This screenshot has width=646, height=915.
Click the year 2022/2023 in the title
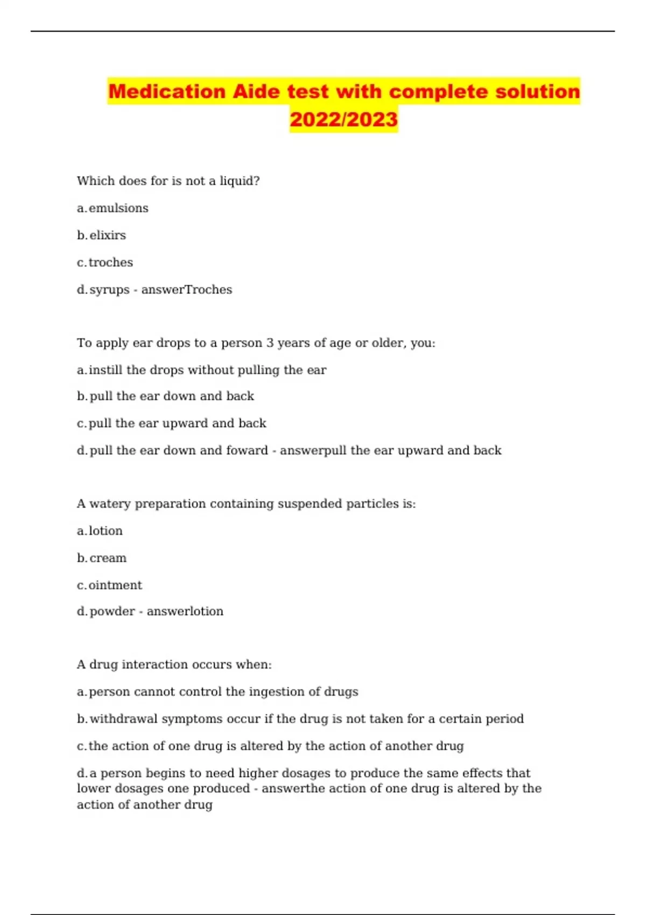pyautogui.click(x=343, y=119)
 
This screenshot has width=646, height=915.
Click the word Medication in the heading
pyautogui.click(x=167, y=91)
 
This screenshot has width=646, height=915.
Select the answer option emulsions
pyautogui.click(x=118, y=208)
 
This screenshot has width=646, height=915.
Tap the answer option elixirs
pyautogui.click(x=108, y=235)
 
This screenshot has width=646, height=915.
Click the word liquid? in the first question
pyautogui.click(x=240, y=181)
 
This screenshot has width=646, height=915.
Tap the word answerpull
pyautogui.click(x=313, y=451)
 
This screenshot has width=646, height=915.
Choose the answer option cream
pyautogui.click(x=108, y=558)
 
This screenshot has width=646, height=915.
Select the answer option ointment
pyautogui.click(x=115, y=585)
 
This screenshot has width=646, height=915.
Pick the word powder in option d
pyautogui.click(x=112, y=611)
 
